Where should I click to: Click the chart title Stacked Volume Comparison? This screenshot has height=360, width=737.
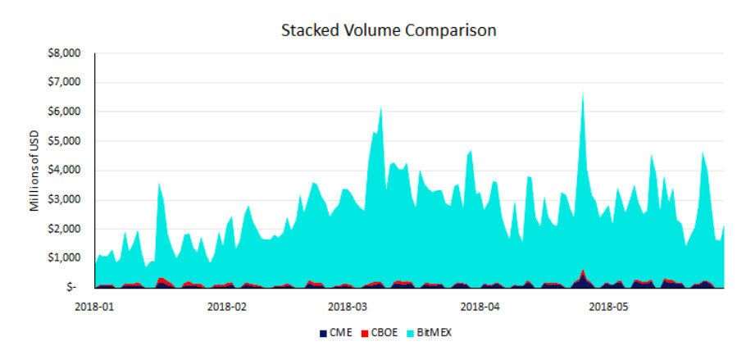pos(389,30)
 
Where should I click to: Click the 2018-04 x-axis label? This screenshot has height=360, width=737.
pos(480,308)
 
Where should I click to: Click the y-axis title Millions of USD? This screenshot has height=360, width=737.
pos(35,172)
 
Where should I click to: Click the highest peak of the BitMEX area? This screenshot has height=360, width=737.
pos(582,93)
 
